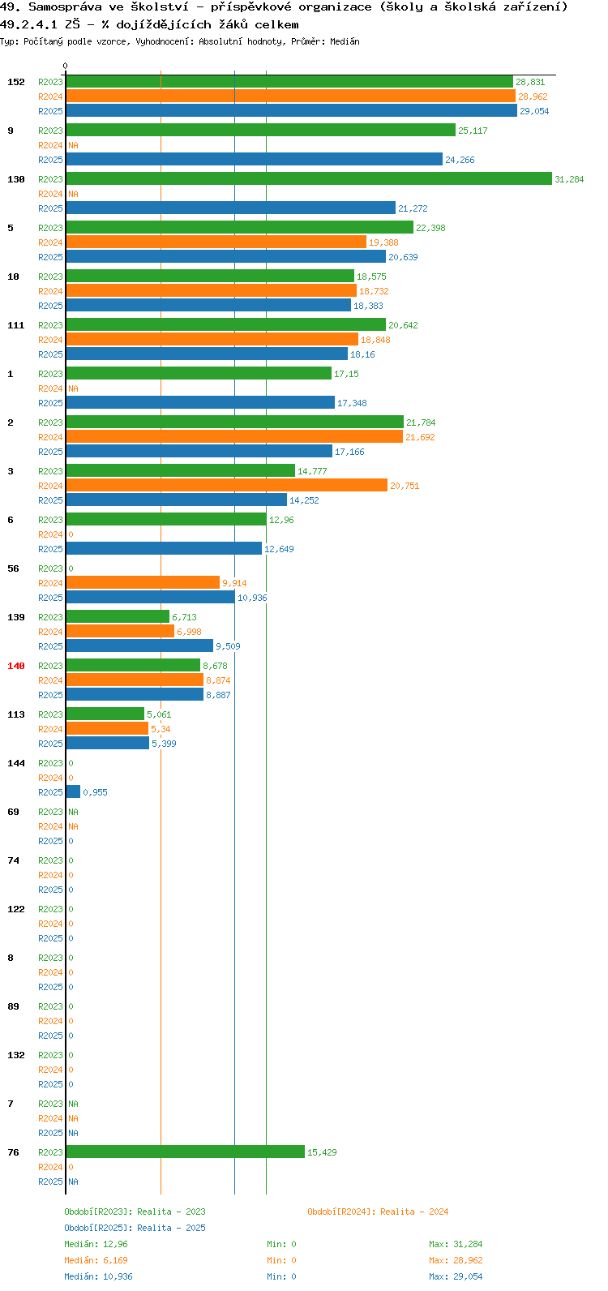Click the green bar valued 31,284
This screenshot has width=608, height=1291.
309,179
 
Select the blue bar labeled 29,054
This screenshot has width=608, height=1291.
292,110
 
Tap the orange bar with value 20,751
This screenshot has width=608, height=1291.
226,485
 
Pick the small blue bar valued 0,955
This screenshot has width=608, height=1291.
73,792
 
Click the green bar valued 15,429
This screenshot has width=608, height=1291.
186,1152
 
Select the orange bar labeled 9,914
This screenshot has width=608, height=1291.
143,583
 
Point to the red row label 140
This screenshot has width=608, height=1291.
16,666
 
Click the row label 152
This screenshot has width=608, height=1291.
16,82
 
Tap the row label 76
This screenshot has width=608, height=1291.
13,1152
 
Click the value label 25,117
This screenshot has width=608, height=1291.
473,131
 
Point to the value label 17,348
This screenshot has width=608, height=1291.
352,404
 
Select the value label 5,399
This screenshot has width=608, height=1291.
165,744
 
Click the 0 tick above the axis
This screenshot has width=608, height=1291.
65,66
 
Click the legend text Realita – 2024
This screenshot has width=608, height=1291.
414,1212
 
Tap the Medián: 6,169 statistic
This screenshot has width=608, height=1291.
96,1260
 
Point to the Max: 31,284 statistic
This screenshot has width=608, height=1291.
456,1244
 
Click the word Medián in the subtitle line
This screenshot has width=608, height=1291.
345,41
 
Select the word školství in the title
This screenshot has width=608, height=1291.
160,7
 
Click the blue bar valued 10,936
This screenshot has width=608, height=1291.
151,597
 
